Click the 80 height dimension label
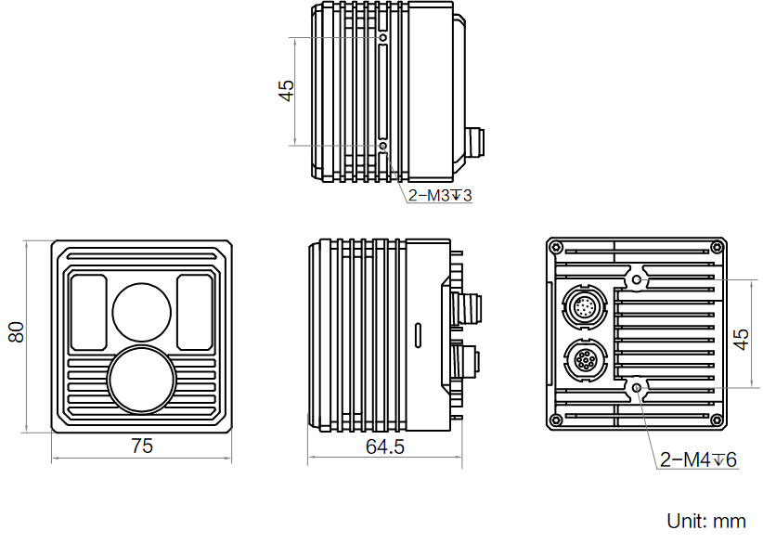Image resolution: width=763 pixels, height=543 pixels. coord(16,333)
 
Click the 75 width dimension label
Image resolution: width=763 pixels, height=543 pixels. coord(141,446)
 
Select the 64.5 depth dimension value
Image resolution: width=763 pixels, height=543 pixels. coord(385,446)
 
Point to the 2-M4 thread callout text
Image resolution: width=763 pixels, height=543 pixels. coord(698,459)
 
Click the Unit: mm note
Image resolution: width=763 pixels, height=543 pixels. coord(706,520)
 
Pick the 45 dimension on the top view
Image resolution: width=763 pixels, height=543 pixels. coord(286,91)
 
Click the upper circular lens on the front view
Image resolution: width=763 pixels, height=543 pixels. coord(142,311)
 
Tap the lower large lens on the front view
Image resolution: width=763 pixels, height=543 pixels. coord(141,379)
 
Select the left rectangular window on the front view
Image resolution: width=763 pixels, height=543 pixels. coord(89,312)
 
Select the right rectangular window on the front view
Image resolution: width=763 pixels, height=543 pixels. coord(194,312)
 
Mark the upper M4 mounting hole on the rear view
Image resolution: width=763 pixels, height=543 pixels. coord(637,279)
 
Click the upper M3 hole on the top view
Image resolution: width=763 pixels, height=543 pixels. coord(384,38)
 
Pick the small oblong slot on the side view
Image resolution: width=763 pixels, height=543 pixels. coord(419,333)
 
